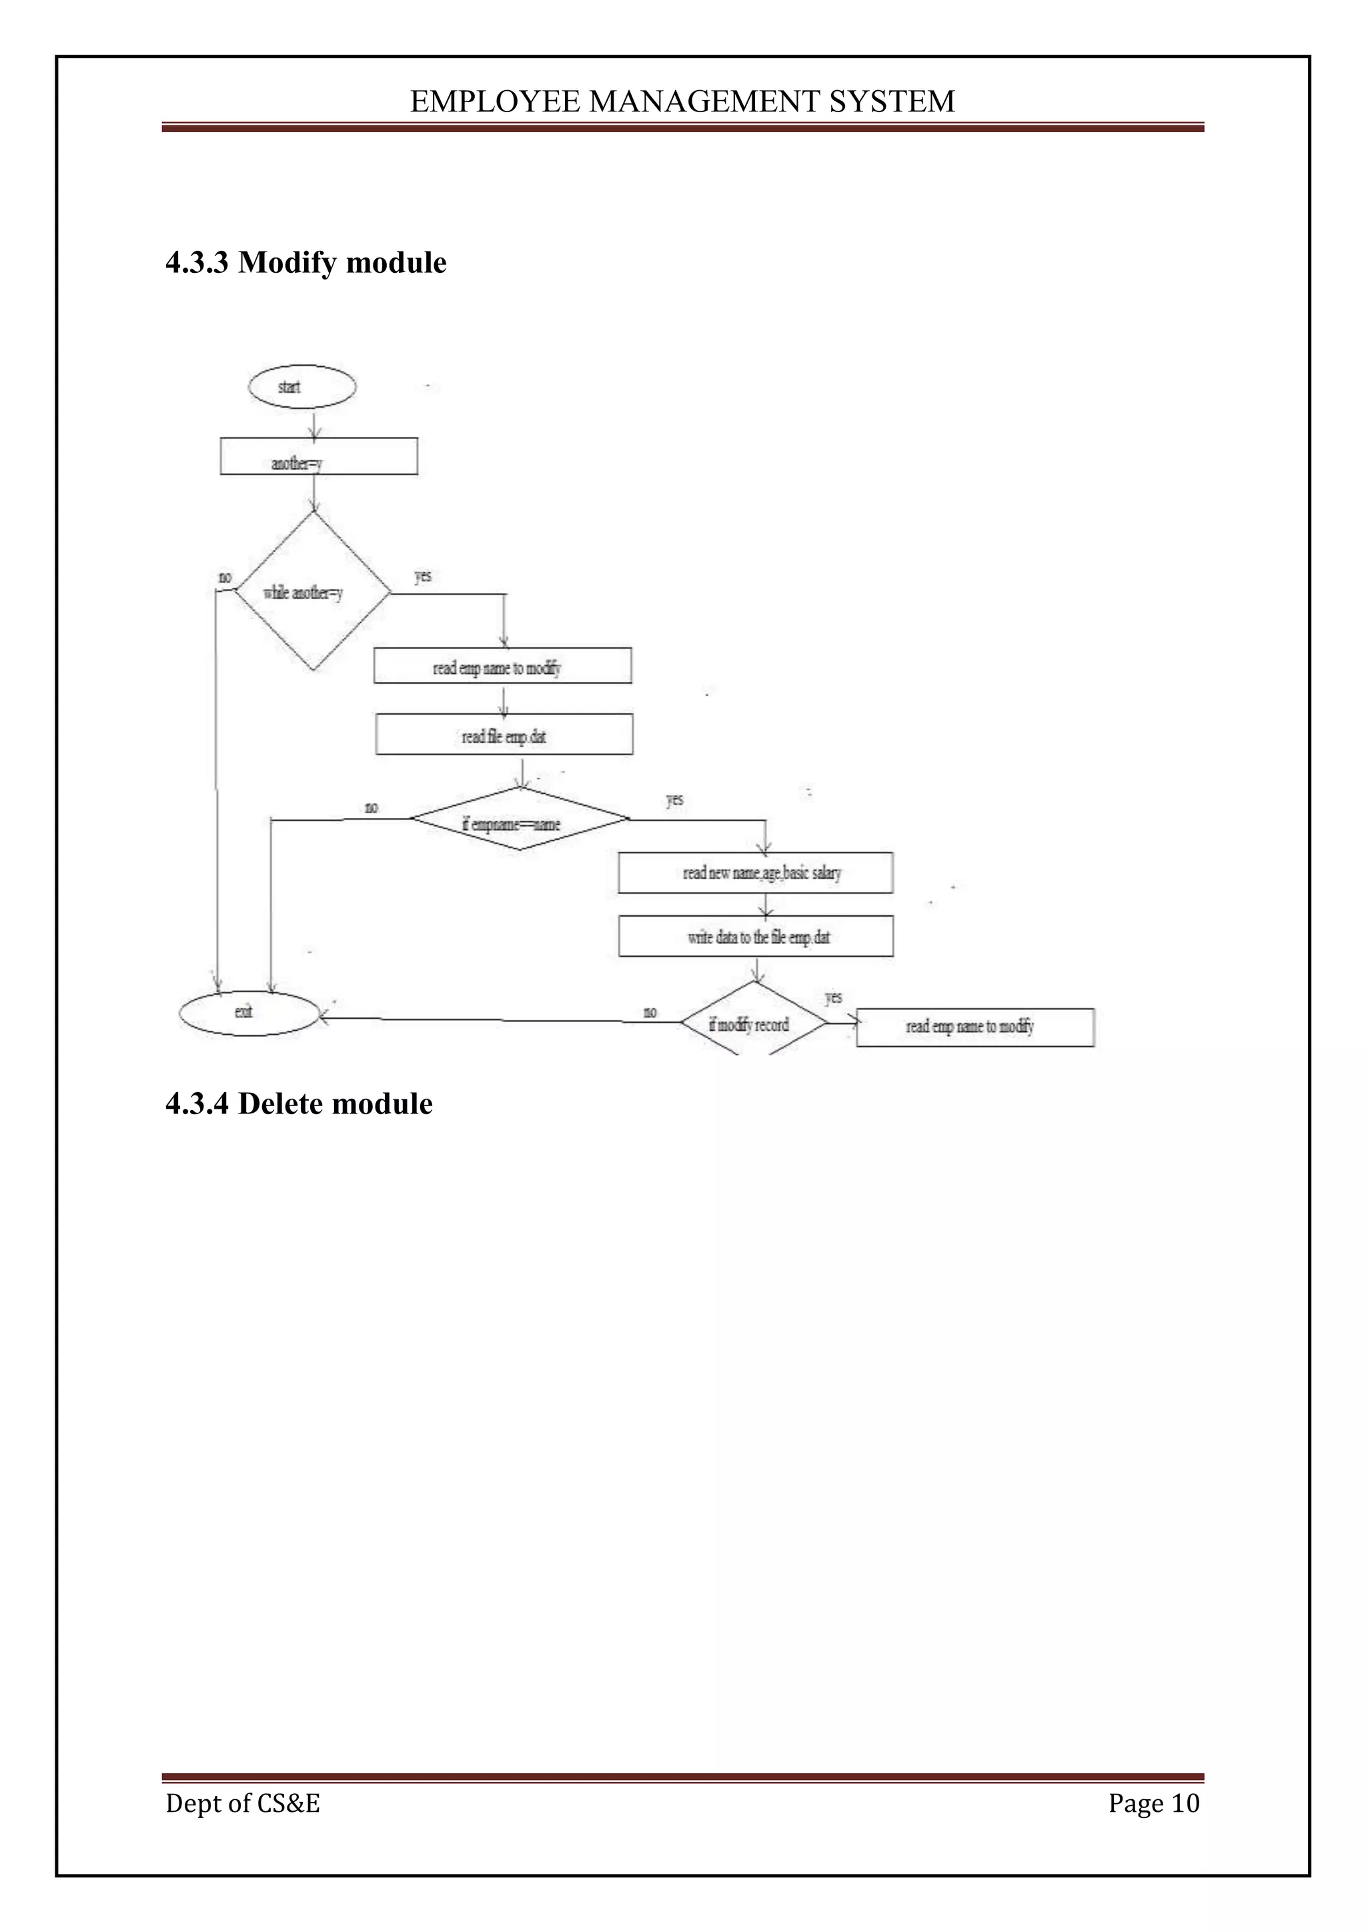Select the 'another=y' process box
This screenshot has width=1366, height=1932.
click(x=319, y=457)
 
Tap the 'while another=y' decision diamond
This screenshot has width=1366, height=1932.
click(x=312, y=592)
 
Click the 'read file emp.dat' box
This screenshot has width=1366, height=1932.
click(x=504, y=735)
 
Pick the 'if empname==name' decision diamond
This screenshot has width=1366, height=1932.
click(x=519, y=821)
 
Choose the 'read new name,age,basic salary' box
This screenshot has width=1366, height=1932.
click(x=755, y=873)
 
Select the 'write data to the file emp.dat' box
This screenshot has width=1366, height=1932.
click(x=755, y=937)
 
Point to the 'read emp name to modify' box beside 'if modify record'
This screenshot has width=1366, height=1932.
click(x=975, y=1027)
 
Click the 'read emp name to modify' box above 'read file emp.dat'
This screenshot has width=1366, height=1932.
click(x=502, y=666)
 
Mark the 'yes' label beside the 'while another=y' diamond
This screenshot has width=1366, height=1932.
click(x=423, y=576)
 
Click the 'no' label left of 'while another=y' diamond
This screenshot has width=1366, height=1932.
click(x=225, y=577)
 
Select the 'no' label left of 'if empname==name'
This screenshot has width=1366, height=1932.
click(x=371, y=808)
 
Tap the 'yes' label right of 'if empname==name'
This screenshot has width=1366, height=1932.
click(x=674, y=799)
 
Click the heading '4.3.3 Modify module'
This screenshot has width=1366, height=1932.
click(x=306, y=263)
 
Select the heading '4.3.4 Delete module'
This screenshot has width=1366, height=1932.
click(x=299, y=1103)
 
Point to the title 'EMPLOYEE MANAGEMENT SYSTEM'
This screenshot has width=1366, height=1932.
click(x=682, y=102)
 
